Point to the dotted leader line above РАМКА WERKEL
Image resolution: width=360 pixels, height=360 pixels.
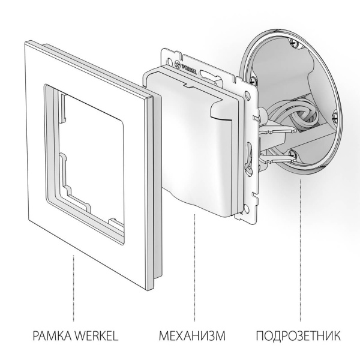coord(74,288)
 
